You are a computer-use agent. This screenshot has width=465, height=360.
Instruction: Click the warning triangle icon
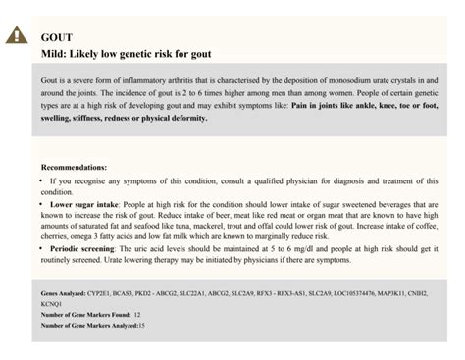point(17,39)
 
